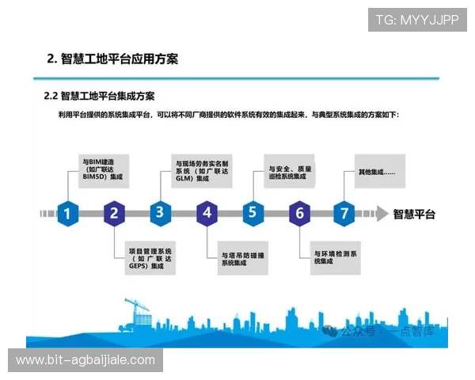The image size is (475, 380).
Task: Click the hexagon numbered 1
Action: [x=68, y=213]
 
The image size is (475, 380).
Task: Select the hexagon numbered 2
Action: [x=114, y=213]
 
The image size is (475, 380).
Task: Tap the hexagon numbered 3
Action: [x=160, y=213]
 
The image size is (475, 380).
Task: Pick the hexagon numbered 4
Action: [x=207, y=213]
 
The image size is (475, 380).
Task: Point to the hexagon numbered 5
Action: [x=253, y=213]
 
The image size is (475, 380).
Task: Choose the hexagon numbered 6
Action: [x=298, y=213]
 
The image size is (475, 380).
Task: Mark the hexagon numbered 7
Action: [x=344, y=213]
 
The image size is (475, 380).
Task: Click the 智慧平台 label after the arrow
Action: [x=414, y=214]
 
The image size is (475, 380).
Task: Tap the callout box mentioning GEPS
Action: [x=150, y=258]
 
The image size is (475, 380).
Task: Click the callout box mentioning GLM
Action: [x=202, y=170]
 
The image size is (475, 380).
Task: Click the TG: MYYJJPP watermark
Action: [x=417, y=19]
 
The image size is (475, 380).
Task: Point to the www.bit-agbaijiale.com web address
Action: [x=85, y=360]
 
